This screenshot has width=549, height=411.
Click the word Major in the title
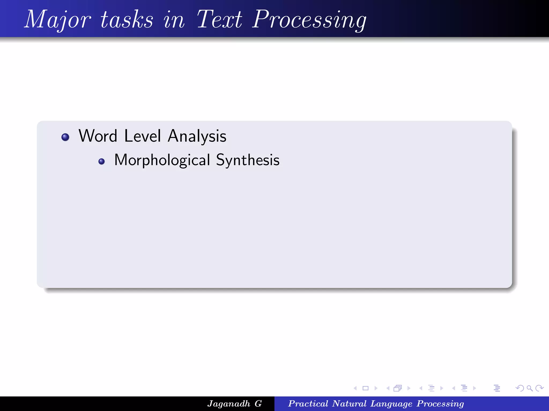point(57,20)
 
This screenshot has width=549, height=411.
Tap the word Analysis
point(197,136)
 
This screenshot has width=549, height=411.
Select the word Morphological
point(162,160)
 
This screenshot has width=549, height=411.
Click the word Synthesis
point(248,160)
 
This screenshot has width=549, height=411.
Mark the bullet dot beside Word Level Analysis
point(65,137)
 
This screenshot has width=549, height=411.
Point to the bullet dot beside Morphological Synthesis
point(101,161)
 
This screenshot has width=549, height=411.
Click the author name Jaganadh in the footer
point(229,404)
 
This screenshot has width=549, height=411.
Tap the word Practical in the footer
point(308,404)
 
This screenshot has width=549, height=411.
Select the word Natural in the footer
point(349,404)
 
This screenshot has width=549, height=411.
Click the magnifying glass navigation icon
point(529,388)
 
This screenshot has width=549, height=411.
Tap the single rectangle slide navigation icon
point(365,388)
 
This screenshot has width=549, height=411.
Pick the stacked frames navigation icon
point(398,388)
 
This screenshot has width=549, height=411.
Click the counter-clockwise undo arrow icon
point(520,388)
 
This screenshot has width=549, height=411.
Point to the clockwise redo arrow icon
point(539,388)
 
